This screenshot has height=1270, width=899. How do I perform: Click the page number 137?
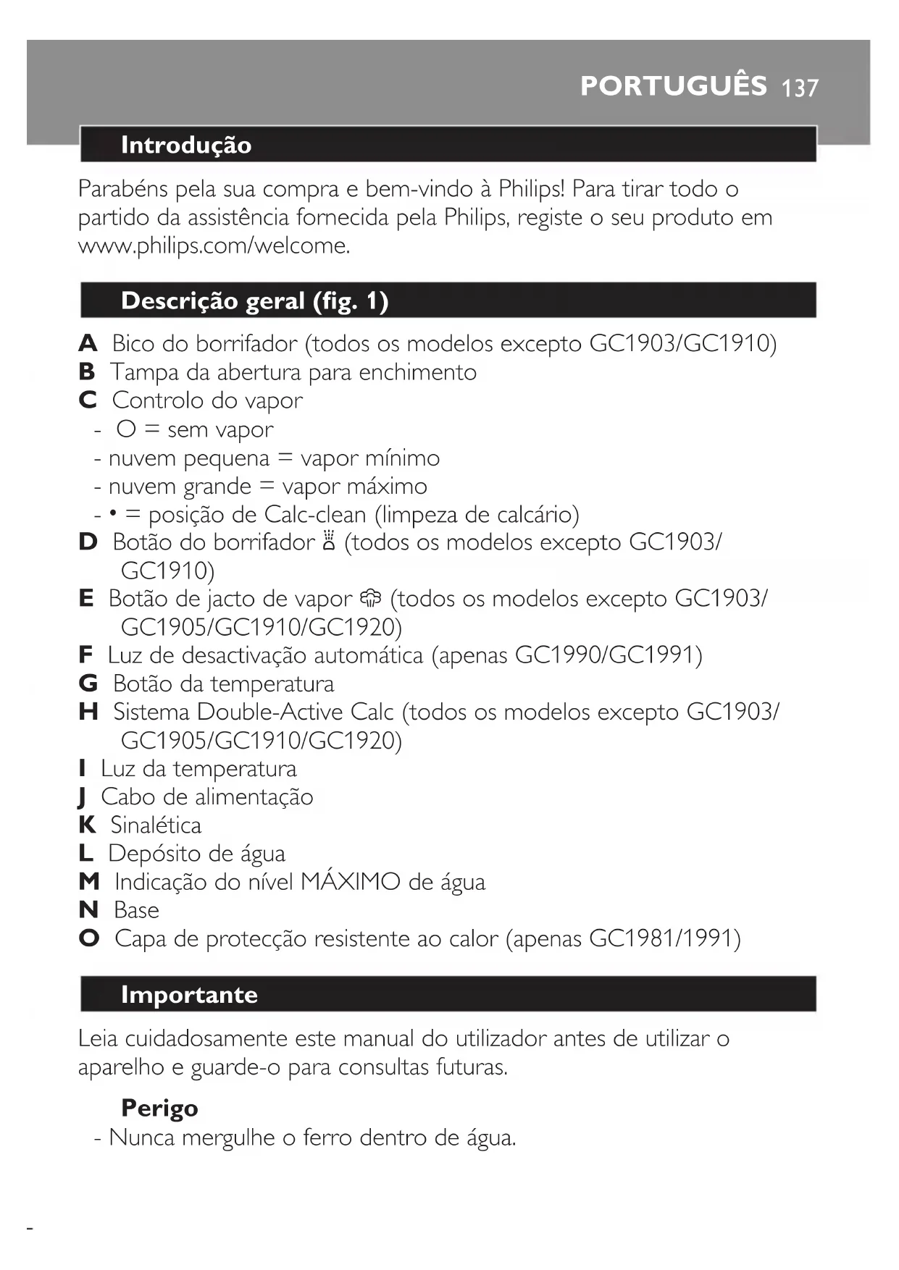pos(800,88)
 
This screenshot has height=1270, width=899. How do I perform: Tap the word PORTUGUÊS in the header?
pos(673,86)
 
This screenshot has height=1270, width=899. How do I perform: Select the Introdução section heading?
pos(186,145)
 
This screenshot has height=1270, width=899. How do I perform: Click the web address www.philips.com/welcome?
pos(214,246)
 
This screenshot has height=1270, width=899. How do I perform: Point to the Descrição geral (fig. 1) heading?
pos(254,300)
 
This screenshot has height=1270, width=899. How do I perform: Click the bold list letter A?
pos(88,343)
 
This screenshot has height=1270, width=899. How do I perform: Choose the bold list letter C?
pos(88,400)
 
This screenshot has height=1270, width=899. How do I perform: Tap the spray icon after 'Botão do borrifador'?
pos(329,542)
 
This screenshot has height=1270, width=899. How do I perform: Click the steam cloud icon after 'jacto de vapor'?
pos(370,598)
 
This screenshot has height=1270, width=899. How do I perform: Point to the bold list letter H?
pos(88,712)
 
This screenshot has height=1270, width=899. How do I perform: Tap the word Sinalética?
pos(156,825)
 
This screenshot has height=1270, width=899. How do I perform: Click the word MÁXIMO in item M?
pos(350,882)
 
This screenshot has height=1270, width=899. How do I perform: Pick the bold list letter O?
pos(89,938)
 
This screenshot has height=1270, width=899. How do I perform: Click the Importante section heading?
pos(189,995)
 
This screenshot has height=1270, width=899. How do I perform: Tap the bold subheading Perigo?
pos(159,1109)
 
